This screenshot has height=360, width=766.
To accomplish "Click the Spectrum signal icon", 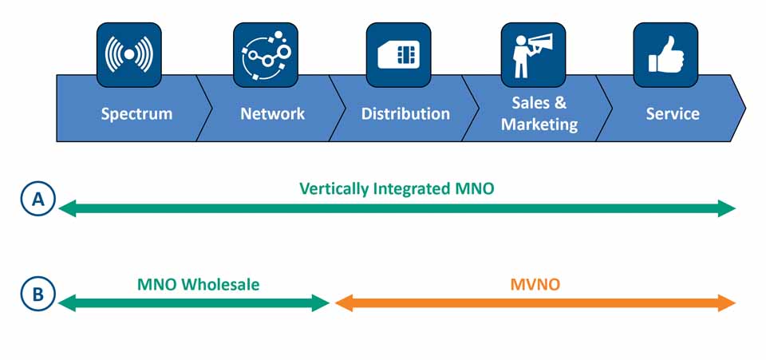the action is [x=129, y=55].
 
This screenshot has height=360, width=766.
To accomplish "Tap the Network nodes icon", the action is [x=266, y=55].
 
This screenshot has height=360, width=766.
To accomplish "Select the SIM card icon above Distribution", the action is [x=399, y=55].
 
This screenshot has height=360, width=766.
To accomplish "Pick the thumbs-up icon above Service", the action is [x=665, y=55].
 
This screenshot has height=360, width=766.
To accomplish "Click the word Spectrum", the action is [x=136, y=114].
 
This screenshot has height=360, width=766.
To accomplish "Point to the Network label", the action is [x=273, y=114].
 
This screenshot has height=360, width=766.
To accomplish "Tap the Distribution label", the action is [x=405, y=114].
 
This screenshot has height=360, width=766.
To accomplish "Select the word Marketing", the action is [x=539, y=125].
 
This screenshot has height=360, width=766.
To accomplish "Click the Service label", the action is [x=673, y=114].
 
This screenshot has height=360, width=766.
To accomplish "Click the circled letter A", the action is [x=38, y=200].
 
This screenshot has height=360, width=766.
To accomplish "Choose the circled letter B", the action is [x=38, y=294].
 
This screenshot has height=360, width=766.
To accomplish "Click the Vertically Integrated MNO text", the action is [x=397, y=189].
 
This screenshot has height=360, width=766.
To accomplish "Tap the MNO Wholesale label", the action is [x=198, y=284].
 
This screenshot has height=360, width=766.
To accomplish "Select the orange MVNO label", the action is [x=535, y=284].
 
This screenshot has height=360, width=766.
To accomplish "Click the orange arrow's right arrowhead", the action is [x=727, y=303].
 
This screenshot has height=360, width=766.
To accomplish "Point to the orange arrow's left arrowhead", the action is [x=344, y=303].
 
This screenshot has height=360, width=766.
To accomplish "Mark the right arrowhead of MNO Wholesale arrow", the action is [x=321, y=303].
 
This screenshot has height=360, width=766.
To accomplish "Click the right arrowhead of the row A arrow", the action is [x=727, y=208].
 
